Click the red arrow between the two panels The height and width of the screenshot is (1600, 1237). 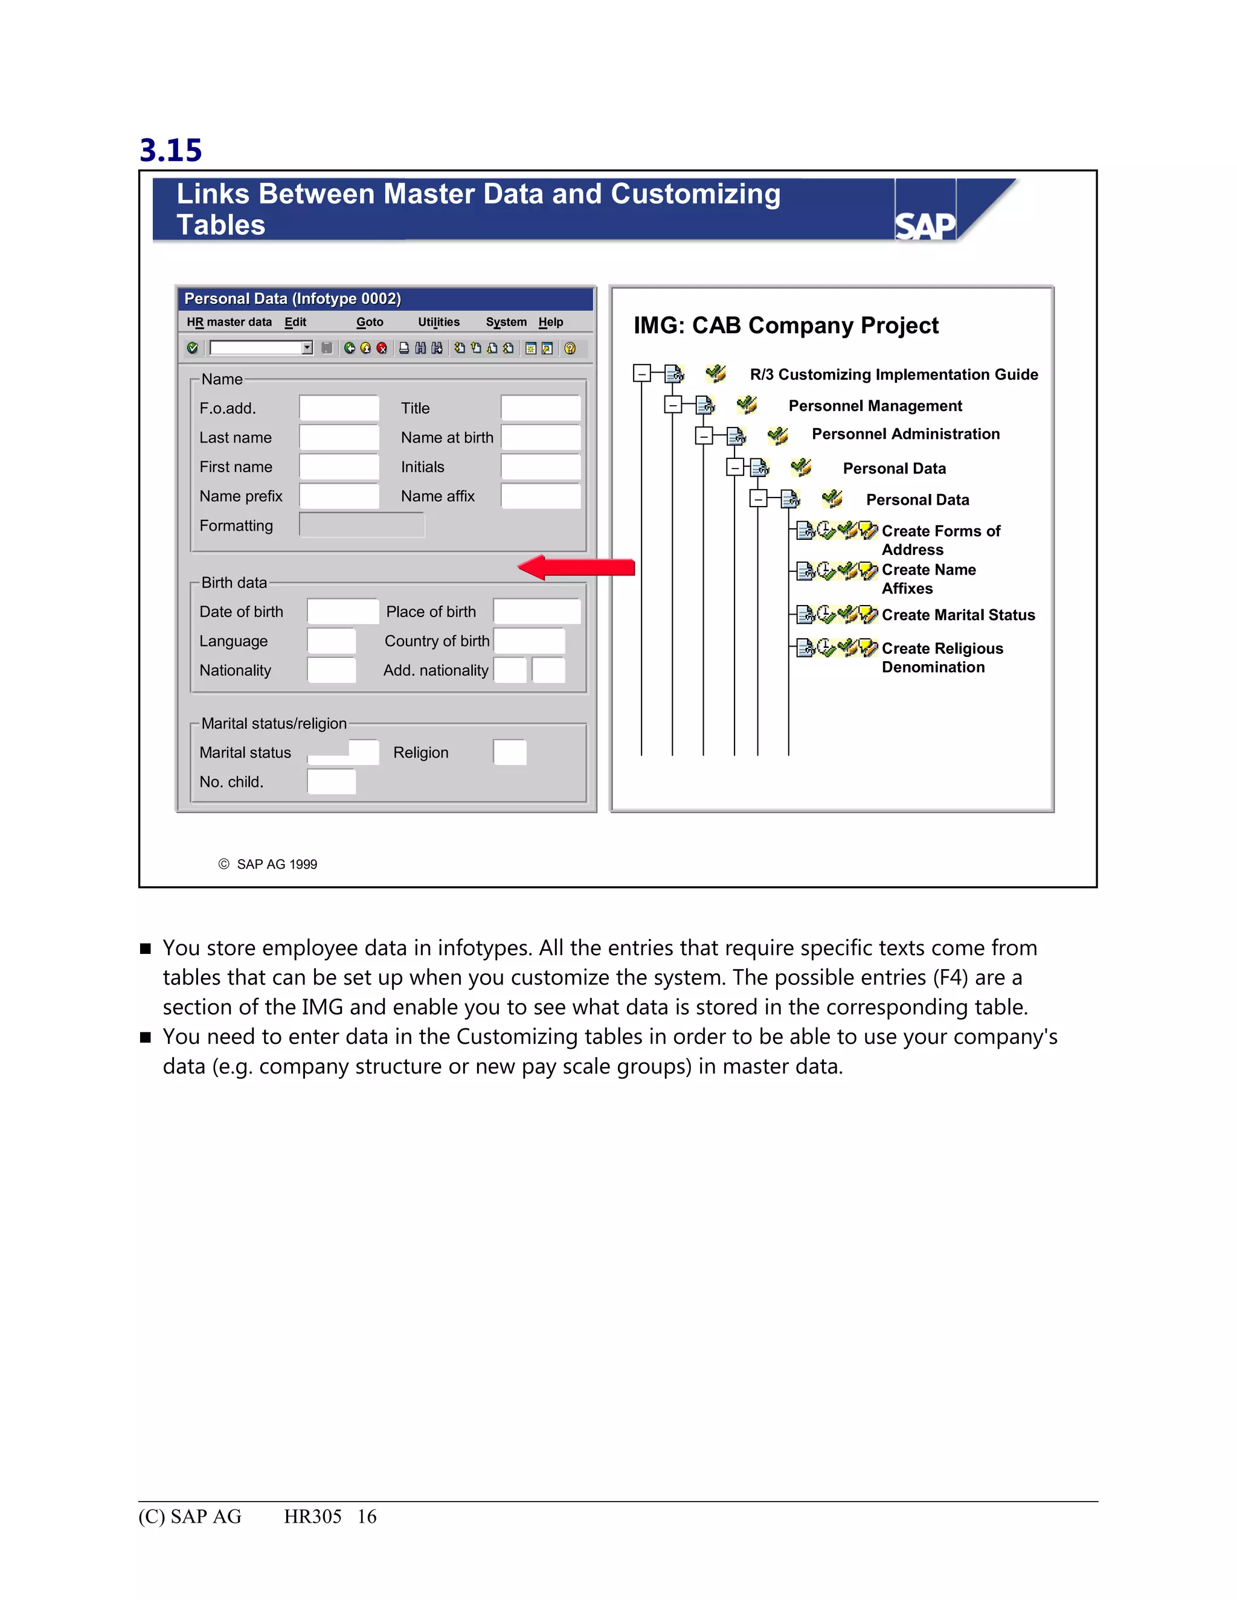[x=576, y=567]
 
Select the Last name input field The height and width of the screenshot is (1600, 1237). [x=339, y=437]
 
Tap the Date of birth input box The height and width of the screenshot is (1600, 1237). [x=342, y=611]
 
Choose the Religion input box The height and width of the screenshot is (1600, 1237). [x=509, y=752]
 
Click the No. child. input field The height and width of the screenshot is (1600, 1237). [x=331, y=782]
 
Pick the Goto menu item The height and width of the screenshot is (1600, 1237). [x=369, y=322]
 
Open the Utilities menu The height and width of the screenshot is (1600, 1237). [x=439, y=322]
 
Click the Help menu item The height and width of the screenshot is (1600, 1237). [x=550, y=322]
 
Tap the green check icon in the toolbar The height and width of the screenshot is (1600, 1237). [x=192, y=348]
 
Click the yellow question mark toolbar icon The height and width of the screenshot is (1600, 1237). [x=570, y=348]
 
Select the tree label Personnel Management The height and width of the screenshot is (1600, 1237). [x=875, y=406]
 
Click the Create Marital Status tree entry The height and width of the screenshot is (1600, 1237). [x=958, y=615]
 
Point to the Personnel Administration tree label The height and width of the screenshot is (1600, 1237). [x=905, y=434]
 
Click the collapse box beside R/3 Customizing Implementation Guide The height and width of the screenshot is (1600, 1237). [x=641, y=374]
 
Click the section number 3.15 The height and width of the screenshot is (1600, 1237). [x=171, y=150]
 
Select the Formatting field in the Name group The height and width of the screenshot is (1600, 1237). [x=361, y=525]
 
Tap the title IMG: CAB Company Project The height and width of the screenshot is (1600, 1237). [x=786, y=325]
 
